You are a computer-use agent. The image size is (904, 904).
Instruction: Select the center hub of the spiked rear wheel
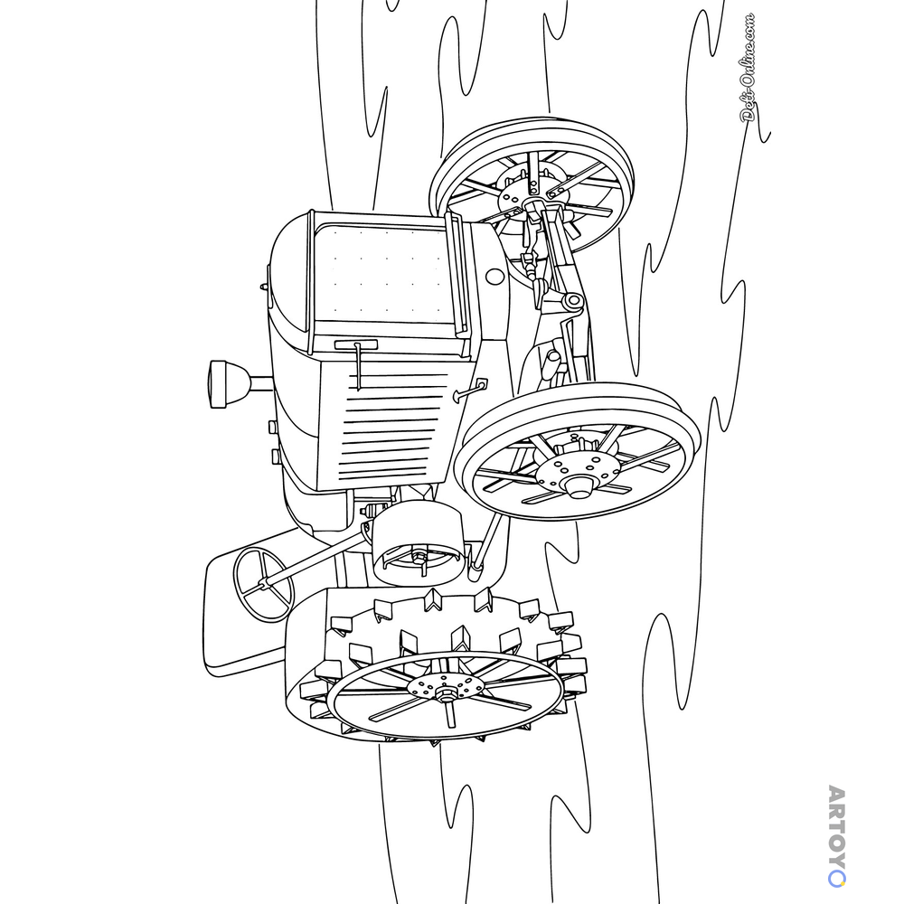coord(445,688)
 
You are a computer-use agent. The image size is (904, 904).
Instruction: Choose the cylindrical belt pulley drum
coord(418,541)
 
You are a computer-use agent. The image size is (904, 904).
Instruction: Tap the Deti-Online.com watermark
coord(748,68)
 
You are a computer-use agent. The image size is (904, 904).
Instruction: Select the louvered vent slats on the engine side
coord(392,427)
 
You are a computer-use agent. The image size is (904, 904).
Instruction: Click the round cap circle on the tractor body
coord(494,277)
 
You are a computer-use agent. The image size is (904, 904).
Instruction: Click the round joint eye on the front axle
coord(573,300)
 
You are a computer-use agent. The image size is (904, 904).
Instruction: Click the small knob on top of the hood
coord(264,286)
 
